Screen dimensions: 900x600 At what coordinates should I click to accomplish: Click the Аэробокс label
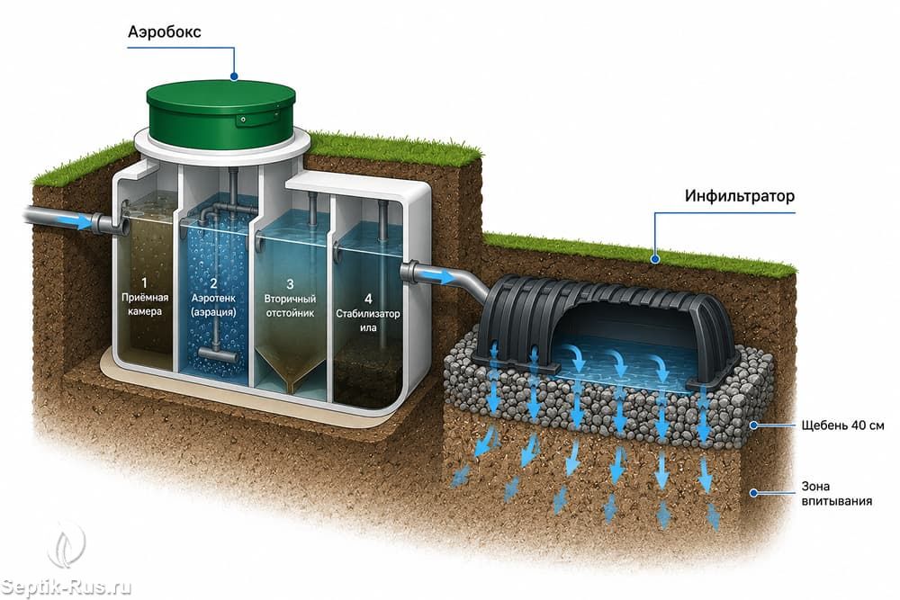coord(164,32)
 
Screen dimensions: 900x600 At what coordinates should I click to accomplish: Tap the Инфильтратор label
coord(739,196)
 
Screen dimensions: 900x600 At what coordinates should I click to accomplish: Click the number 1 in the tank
coord(144,282)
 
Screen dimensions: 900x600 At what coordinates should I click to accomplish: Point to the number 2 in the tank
coord(213,282)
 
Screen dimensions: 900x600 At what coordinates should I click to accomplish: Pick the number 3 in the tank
coord(290,284)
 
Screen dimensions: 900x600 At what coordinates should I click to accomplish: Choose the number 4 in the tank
coord(368,299)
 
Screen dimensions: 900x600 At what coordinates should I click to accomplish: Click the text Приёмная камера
coord(145,305)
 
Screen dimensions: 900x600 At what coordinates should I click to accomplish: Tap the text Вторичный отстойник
coord(290,307)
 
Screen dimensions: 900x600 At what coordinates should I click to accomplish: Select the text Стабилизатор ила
coord(368,320)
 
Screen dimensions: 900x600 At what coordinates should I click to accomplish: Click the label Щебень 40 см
coord(842,425)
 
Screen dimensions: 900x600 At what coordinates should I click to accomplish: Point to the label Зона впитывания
coord(836,494)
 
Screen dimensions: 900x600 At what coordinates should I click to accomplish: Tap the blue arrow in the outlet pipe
coord(443,277)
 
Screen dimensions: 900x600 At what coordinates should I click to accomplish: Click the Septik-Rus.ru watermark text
coord(66,587)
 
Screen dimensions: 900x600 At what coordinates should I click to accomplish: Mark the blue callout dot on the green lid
coord(234,76)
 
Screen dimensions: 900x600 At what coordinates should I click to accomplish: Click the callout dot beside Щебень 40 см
coord(754,425)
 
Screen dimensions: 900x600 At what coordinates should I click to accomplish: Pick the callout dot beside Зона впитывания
coord(754,493)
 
